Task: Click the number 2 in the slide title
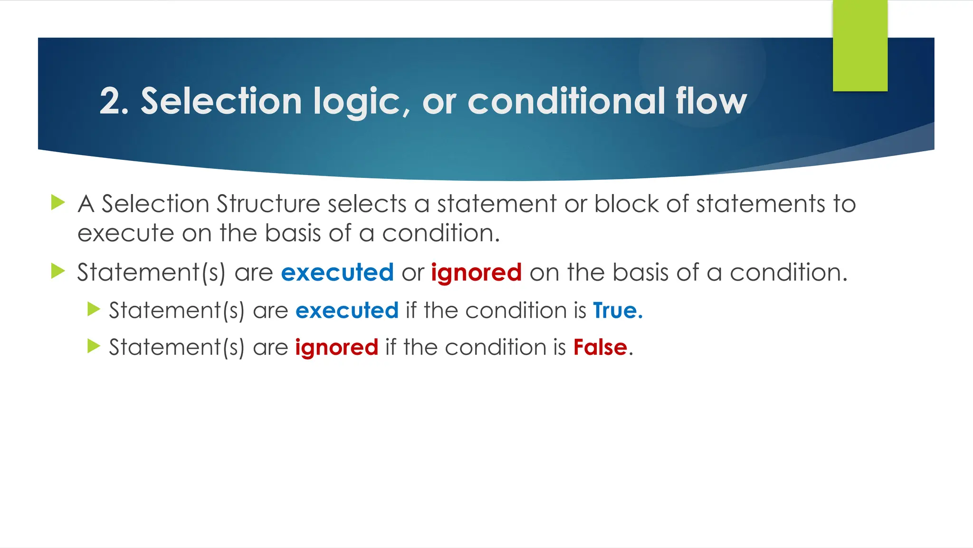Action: (x=110, y=101)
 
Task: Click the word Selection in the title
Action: (x=221, y=101)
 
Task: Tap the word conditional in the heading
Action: (x=566, y=101)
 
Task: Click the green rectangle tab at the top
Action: (x=860, y=46)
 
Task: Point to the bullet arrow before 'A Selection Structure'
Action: (x=57, y=202)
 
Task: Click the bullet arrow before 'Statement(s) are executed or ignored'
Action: (x=57, y=271)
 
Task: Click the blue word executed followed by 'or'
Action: (x=337, y=273)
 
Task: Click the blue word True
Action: (x=617, y=311)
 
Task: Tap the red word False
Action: (x=600, y=347)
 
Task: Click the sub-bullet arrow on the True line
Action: (x=94, y=310)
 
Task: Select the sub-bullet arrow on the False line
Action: (x=94, y=346)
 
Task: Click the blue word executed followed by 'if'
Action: (x=347, y=311)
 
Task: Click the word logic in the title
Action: (x=356, y=102)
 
